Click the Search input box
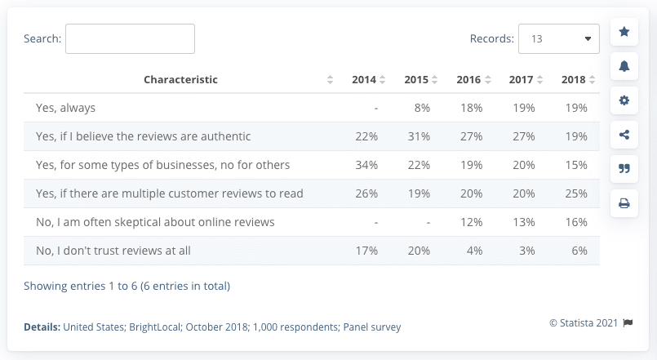click(130, 38)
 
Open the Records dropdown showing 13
click(558, 38)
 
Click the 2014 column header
click(364, 80)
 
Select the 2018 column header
click(574, 80)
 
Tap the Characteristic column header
click(180, 80)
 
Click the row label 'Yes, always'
click(65, 108)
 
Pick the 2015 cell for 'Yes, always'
click(421, 108)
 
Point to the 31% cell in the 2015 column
click(418, 136)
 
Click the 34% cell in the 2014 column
click(366, 165)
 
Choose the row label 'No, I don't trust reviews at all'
click(113, 251)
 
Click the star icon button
click(624, 32)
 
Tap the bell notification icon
click(624, 66)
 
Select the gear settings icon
click(624, 100)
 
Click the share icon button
click(624, 135)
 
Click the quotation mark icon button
click(624, 169)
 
